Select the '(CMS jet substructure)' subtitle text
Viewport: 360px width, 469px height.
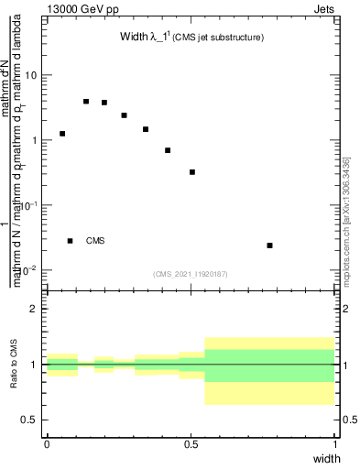click(220, 38)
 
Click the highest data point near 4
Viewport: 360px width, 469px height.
click(86, 102)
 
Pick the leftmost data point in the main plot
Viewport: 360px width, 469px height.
click(62, 134)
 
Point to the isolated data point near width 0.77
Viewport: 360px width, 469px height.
click(269, 245)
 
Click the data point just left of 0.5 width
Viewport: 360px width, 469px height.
click(192, 172)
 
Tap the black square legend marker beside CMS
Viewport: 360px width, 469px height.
click(71, 241)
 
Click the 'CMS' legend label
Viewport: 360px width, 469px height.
click(95, 241)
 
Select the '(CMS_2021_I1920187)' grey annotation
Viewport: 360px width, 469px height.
click(191, 274)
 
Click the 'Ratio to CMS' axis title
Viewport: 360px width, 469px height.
click(14, 365)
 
